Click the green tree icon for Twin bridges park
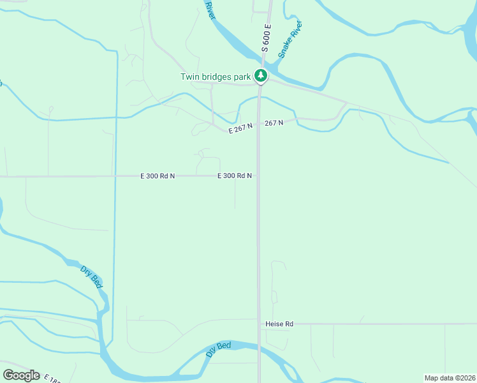[x=260, y=76]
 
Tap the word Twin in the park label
[x=191, y=77]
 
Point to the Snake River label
[x=290, y=40]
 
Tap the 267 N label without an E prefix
[x=273, y=123]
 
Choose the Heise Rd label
[x=279, y=324]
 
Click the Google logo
[x=21, y=375]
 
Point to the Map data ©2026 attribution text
[x=450, y=378]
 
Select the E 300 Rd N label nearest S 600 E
[x=235, y=176]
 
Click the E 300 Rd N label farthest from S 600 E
[x=158, y=176]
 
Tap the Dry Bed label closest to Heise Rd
[x=218, y=350]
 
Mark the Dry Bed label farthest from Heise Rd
[x=92, y=277]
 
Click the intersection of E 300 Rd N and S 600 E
[x=258, y=176]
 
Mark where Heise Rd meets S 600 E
[x=259, y=324]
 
